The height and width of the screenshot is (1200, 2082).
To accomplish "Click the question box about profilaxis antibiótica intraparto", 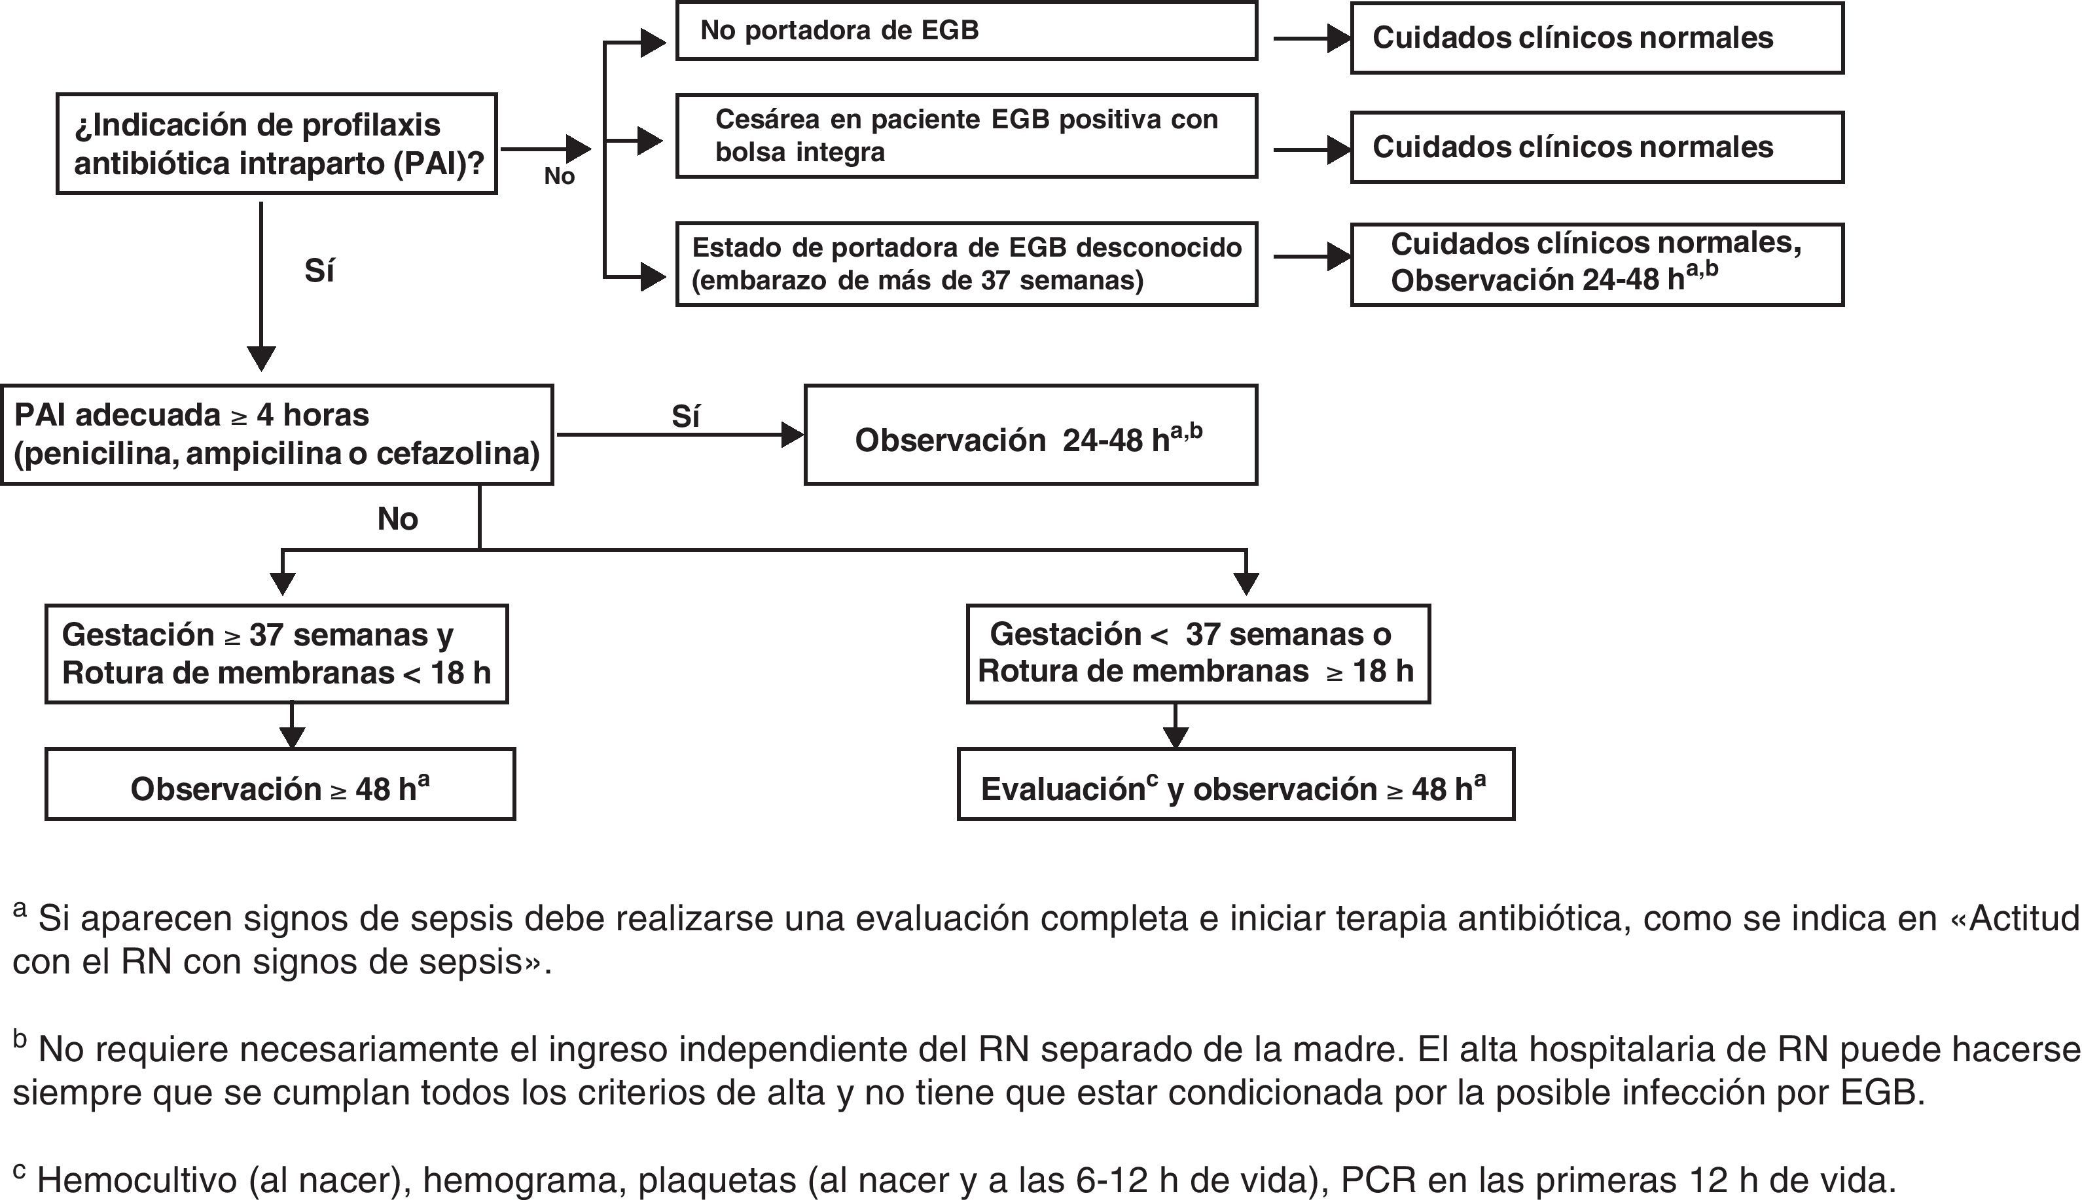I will pyautogui.click(x=276, y=144).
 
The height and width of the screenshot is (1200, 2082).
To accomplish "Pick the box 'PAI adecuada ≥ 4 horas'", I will pyautogui.click(x=276, y=434).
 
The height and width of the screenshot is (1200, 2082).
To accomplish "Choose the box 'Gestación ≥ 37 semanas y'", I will pyautogui.click(x=276, y=653).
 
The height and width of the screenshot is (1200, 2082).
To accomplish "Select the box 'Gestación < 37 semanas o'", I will pyautogui.click(x=1197, y=653).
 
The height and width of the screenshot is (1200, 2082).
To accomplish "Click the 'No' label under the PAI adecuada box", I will pyautogui.click(x=397, y=519).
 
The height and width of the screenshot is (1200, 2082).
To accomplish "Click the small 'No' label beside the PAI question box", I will pyautogui.click(x=558, y=176).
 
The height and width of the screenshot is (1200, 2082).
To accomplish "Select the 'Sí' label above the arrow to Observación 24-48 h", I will pyautogui.click(x=685, y=417).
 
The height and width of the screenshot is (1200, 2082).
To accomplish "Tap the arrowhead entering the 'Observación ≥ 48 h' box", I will pyautogui.click(x=293, y=738).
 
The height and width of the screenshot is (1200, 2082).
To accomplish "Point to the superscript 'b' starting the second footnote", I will pyautogui.click(x=20, y=1040).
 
